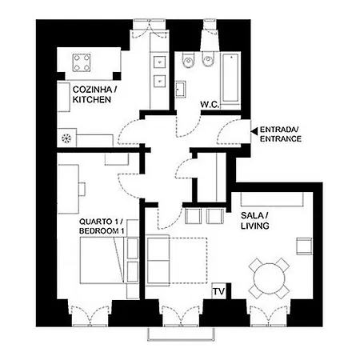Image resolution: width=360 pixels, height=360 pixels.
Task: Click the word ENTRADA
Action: pos(279,130)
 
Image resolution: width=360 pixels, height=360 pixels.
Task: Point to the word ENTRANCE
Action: pos(281,139)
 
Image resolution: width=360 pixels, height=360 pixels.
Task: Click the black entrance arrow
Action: pos(254,130)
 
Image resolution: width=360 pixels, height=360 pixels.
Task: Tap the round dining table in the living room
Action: pos(268,278)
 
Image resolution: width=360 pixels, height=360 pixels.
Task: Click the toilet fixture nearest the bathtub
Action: pos(208,61)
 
